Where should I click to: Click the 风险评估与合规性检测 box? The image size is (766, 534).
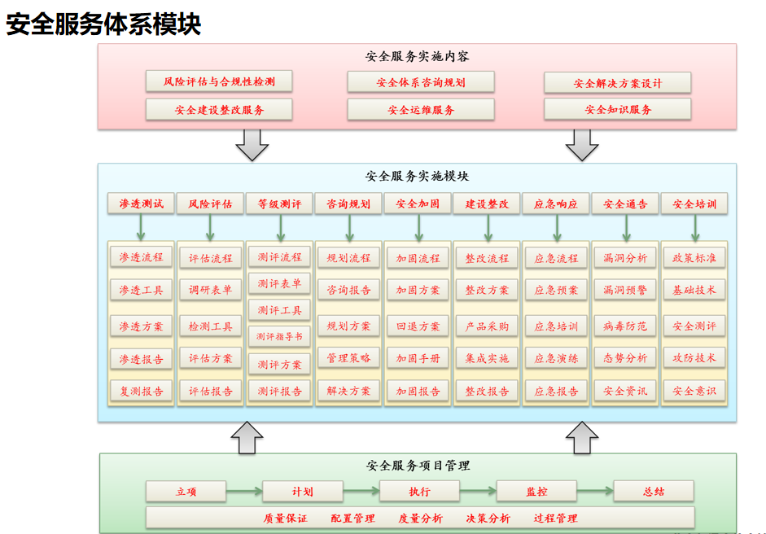[219, 81]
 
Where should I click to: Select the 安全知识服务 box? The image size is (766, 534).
[618, 109]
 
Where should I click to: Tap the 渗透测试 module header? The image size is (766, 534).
[141, 204]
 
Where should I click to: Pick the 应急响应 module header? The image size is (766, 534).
[556, 204]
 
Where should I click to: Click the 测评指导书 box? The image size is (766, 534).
[279, 336]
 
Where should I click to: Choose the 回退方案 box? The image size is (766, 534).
[418, 326]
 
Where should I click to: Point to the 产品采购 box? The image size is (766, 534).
[487, 326]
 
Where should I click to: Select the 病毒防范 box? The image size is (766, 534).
[625, 326]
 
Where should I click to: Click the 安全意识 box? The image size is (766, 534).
[694, 391]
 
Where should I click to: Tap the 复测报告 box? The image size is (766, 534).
[141, 391]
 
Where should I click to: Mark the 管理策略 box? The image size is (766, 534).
[348, 358]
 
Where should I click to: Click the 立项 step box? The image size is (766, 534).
[186, 492]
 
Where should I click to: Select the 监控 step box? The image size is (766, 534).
[536, 492]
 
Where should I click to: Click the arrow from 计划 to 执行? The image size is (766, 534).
[361, 491]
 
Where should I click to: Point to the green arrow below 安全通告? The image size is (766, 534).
[626, 228]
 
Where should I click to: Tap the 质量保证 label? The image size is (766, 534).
[285, 519]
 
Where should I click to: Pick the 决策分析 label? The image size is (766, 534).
[488, 519]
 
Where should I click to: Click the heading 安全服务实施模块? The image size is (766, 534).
[418, 176]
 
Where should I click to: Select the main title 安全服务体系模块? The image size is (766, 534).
[103, 24]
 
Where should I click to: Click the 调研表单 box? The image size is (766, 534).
[211, 290]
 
